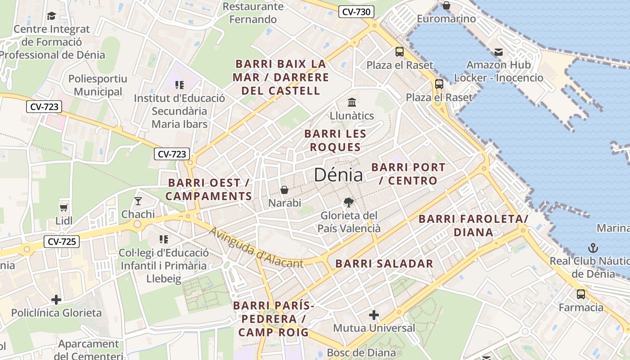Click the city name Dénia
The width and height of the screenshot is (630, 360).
click(338, 175)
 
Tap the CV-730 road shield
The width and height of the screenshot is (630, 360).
click(356, 12)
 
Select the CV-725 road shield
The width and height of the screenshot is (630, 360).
click(62, 242)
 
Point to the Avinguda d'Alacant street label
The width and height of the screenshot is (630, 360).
click(256, 247)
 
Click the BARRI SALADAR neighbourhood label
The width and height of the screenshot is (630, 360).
click(384, 264)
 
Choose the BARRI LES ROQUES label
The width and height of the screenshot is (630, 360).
click(335, 140)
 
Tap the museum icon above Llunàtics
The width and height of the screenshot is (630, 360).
click(352, 102)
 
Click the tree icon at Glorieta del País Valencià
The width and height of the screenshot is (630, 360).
click(348, 202)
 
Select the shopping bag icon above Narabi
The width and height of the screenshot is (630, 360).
click(284, 190)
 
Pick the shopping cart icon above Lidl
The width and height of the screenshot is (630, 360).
click(63, 207)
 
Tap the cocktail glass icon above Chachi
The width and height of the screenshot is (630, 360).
click(138, 201)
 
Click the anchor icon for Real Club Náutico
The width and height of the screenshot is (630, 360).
click(593, 247)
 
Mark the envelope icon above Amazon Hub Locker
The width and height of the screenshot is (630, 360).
click(498, 52)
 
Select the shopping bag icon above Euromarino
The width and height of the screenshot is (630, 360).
click(446, 5)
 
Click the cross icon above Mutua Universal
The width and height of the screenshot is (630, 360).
click(374, 315)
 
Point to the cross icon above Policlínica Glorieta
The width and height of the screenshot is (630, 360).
click(56, 299)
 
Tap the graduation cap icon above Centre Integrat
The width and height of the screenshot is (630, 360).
click(52, 16)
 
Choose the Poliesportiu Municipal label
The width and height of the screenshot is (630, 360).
click(98, 85)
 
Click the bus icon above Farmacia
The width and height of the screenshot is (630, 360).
click(581, 294)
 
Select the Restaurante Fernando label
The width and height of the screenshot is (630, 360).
click(253, 13)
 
